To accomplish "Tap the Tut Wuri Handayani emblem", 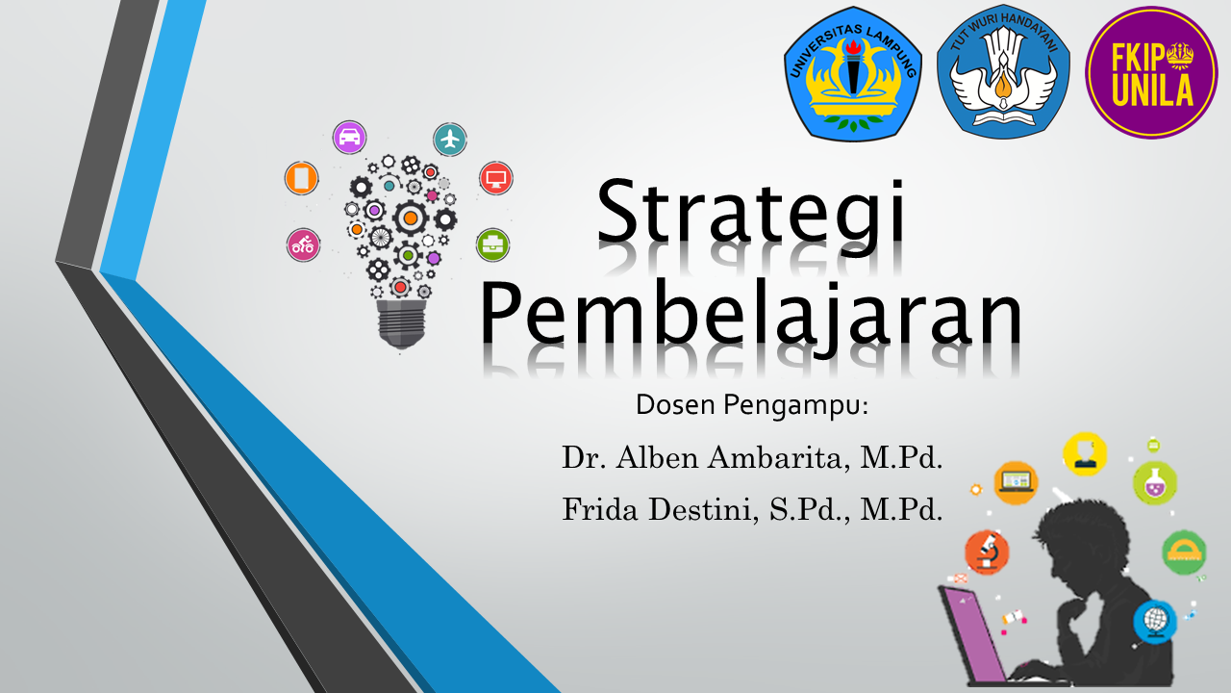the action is coord(1003,71).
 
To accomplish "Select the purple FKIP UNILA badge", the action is coord(1151,72).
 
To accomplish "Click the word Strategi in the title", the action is coord(751,216).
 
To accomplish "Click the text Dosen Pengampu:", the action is coord(752,405).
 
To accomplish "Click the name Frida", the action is coord(600,509).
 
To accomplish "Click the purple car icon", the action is coord(349,137).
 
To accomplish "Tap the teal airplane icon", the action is coord(450,140).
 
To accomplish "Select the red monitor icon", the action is coord(496,178).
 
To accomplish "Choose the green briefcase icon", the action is coord(493,244).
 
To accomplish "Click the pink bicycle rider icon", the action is coord(303,244).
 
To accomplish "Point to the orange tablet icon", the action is coord(302,178).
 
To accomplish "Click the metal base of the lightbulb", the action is coord(402,323).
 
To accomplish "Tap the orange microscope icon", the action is coord(987,552).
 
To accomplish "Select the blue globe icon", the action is coord(1155,622).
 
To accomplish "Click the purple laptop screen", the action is coord(975,632).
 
